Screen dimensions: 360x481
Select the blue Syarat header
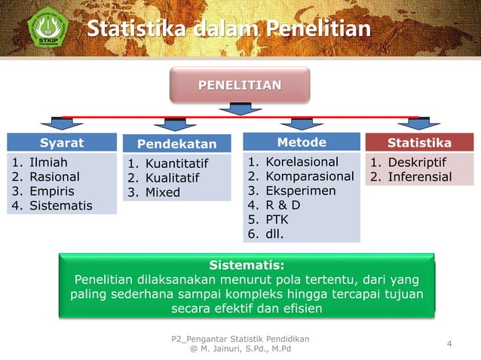[62, 143]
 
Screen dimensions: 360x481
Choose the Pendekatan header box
[176, 144]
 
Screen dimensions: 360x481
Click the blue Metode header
[302, 142]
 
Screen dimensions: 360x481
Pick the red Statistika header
[419, 143]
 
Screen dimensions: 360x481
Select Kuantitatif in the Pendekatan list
[176, 163]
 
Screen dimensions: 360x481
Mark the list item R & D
[283, 205]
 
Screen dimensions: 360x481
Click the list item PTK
[277, 219]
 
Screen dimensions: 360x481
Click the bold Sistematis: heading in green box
[247, 265]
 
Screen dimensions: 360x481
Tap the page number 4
[449, 345]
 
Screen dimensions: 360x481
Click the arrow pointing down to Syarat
[52, 124]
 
